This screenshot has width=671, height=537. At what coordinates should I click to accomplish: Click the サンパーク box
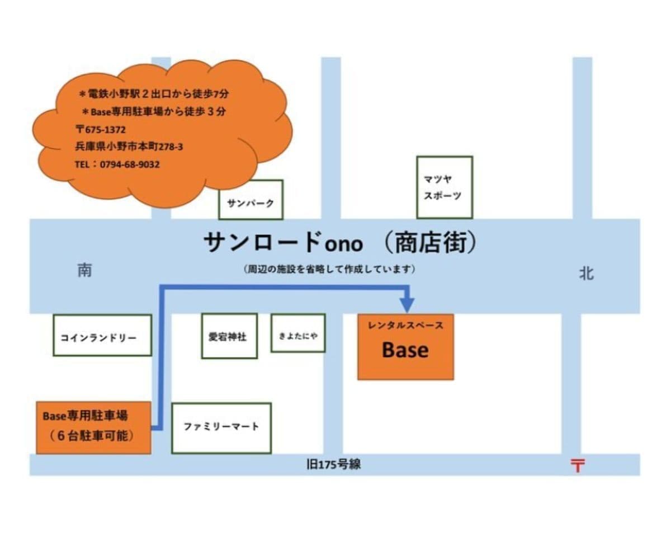point(251,200)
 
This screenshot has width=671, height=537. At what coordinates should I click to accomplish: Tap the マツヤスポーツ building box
point(445,187)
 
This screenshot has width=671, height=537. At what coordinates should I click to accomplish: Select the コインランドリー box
point(102,335)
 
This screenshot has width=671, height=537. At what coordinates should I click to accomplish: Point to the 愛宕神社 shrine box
point(229,336)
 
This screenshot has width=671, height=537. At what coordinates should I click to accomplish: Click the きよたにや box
point(298,333)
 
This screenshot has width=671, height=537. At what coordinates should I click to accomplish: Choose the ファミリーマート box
point(221,427)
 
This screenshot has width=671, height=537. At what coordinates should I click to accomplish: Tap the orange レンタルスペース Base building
point(405,347)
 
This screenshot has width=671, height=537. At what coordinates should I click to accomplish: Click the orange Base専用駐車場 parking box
point(93,427)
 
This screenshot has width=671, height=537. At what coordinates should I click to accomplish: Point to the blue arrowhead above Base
point(408,304)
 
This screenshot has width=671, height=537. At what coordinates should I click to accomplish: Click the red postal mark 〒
point(577,465)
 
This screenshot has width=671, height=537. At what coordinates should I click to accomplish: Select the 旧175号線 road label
point(334,465)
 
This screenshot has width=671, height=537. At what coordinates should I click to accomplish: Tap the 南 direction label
point(84,271)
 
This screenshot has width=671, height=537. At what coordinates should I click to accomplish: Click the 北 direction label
point(587,274)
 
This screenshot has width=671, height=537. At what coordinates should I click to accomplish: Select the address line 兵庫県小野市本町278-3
point(129,147)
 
